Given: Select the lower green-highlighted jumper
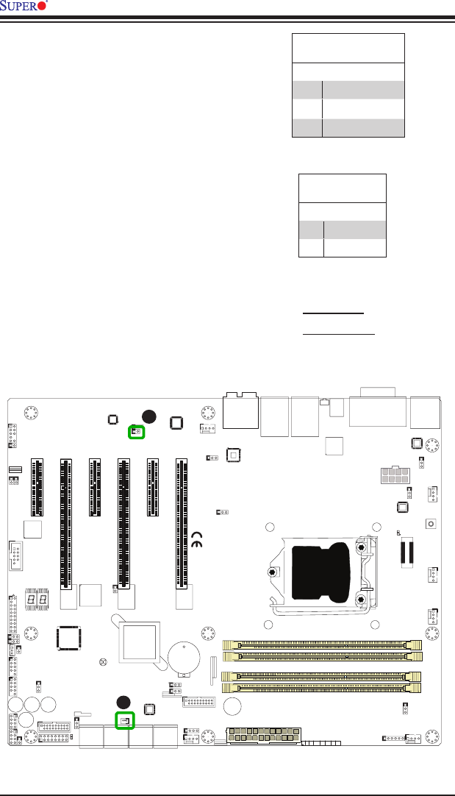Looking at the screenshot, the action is tap(125, 720).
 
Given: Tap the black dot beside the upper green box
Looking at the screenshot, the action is tap(150, 416).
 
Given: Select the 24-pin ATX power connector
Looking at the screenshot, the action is tap(265, 736).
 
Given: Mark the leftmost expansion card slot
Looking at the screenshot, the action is tap(37, 487).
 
